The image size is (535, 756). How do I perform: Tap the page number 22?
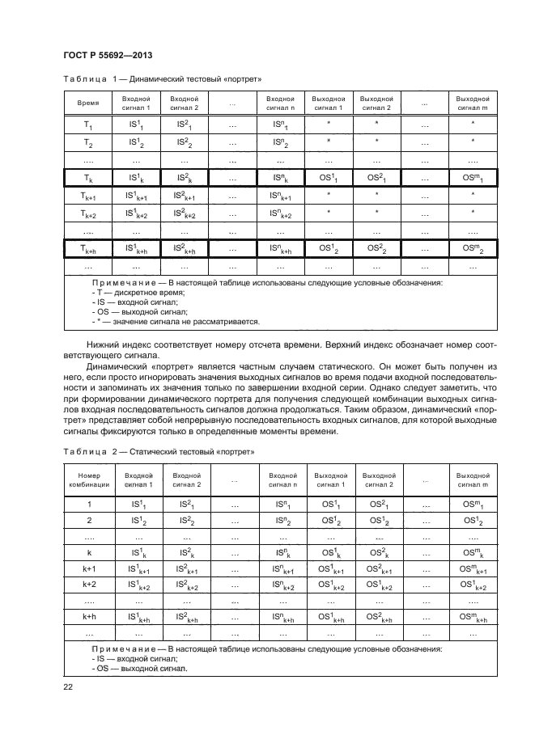pyautogui.click(x=68, y=687)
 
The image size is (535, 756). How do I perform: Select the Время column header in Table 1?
pyautogui.click(x=88, y=103)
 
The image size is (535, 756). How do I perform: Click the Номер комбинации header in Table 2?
pyautogui.click(x=88, y=480)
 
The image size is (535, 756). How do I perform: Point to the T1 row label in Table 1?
pyautogui.click(x=88, y=125)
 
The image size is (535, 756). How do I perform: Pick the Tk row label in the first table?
pyautogui.click(x=88, y=178)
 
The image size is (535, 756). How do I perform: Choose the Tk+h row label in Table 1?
pyautogui.click(x=88, y=250)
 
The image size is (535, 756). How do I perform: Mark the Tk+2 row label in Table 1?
pyautogui.click(x=88, y=214)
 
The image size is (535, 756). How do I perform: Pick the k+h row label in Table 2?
pyautogui.click(x=88, y=617)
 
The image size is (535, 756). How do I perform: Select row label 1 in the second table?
pyautogui.click(x=88, y=504)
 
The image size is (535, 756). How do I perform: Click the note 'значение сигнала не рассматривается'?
pyautogui.click(x=180, y=322)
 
